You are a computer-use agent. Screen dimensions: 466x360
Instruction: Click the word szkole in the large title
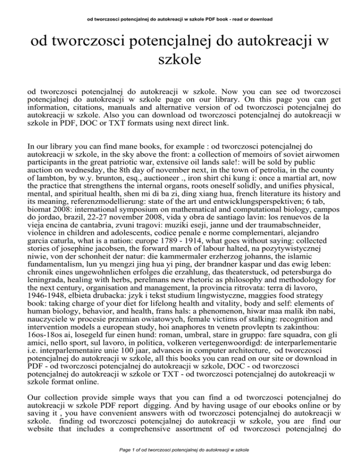pyautogui.click(x=180, y=60)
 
